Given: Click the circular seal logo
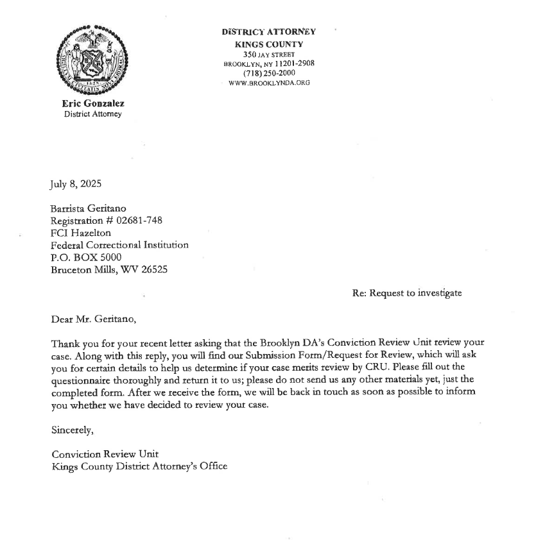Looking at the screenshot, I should click(93, 62).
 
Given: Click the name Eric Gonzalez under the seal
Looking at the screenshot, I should click(93, 104).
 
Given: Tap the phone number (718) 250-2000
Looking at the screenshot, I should click(269, 73).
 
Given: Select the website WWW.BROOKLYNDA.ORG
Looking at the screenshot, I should click(269, 83).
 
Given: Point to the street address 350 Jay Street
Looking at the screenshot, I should click(269, 54).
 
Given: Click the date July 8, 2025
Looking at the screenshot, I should click(75, 185).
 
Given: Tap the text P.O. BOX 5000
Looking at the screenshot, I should click(86, 257).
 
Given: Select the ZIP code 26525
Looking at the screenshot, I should click(153, 269).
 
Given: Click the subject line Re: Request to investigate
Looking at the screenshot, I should click(406, 293).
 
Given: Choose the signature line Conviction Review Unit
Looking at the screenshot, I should click(105, 454).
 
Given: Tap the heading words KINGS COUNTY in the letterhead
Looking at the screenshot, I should click(269, 44).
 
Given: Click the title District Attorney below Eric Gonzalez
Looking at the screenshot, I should click(92, 114).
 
